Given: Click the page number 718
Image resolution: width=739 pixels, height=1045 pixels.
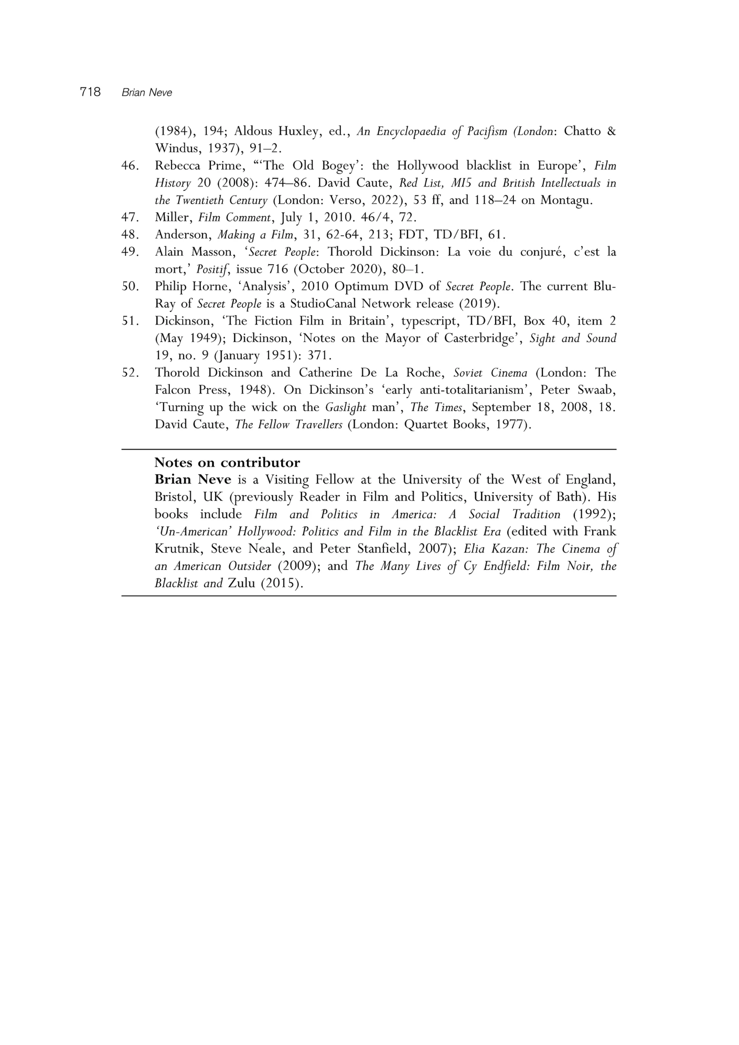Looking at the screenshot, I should (x=90, y=92).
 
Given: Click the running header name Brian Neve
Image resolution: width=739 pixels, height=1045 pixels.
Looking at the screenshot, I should (x=147, y=93).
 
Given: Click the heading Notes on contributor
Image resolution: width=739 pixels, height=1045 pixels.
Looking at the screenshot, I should (x=227, y=463).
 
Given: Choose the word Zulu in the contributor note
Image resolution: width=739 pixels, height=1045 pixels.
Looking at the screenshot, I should (x=242, y=583).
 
